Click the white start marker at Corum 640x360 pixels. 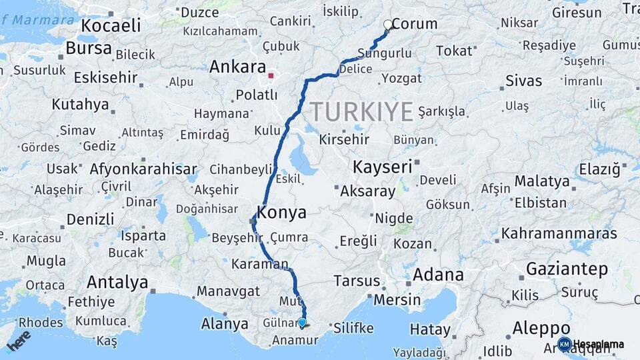[388, 25]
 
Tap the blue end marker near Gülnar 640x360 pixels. [302, 323]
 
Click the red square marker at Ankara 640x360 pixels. [271, 75]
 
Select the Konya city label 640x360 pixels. [281, 213]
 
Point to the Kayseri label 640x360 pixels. [383, 167]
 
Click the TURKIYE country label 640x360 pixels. [361, 111]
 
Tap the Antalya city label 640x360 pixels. [117, 283]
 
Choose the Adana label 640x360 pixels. [438, 275]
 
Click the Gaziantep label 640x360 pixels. [567, 269]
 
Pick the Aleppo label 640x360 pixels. [541, 328]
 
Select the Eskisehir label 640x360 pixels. [105, 77]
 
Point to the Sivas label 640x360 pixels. [523, 81]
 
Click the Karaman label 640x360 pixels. [259, 264]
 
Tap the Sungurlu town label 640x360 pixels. [384, 53]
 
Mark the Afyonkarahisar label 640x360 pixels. [143, 169]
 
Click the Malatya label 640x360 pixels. [542, 181]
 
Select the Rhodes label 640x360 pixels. [41, 323]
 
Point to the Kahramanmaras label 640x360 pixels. [559, 234]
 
